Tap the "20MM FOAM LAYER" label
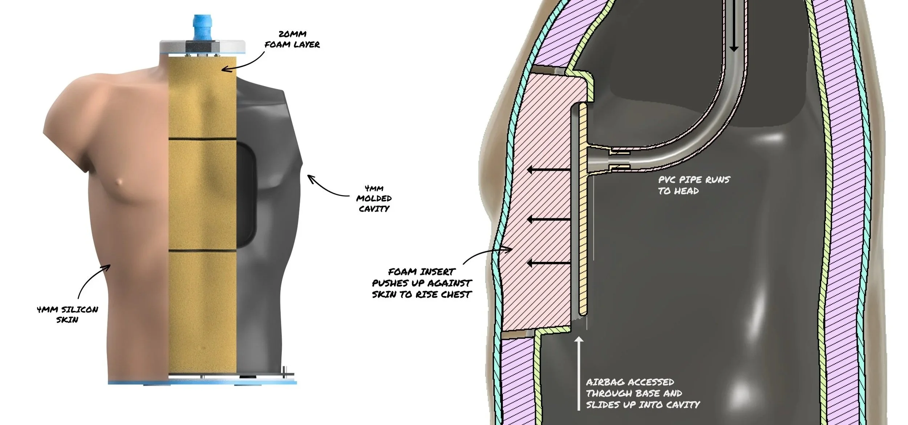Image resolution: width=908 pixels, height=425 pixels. click(292, 40)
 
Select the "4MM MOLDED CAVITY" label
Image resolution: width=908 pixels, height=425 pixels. click(374, 198)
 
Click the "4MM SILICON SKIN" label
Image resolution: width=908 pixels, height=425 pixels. click(68, 315)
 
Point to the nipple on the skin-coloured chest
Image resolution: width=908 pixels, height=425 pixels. click(118, 182)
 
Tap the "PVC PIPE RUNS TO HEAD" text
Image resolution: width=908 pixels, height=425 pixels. click(694, 185)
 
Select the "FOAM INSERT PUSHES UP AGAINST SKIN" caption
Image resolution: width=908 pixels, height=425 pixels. click(421, 283)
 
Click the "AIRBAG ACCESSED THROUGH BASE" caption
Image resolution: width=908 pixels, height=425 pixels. click(642, 393)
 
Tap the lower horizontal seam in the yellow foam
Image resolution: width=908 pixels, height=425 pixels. click(203, 251)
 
